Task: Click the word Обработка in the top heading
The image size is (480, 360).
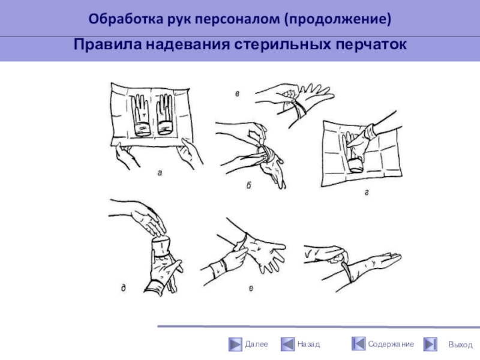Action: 126,19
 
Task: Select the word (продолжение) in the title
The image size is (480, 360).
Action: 338,19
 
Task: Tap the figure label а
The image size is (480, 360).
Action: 160,173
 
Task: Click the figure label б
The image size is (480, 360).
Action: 248,185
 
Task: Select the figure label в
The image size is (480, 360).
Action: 237,94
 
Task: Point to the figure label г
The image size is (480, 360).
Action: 367,193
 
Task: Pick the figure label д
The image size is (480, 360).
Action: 123,288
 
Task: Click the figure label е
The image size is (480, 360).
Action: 251,289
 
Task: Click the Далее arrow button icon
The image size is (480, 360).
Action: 235,344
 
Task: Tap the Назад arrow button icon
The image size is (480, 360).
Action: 287,344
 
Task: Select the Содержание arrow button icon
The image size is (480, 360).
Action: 358,343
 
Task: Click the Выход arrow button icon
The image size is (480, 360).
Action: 430,344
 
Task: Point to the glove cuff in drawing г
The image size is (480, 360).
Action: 356,166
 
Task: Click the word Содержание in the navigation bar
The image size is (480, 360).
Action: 391,344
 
